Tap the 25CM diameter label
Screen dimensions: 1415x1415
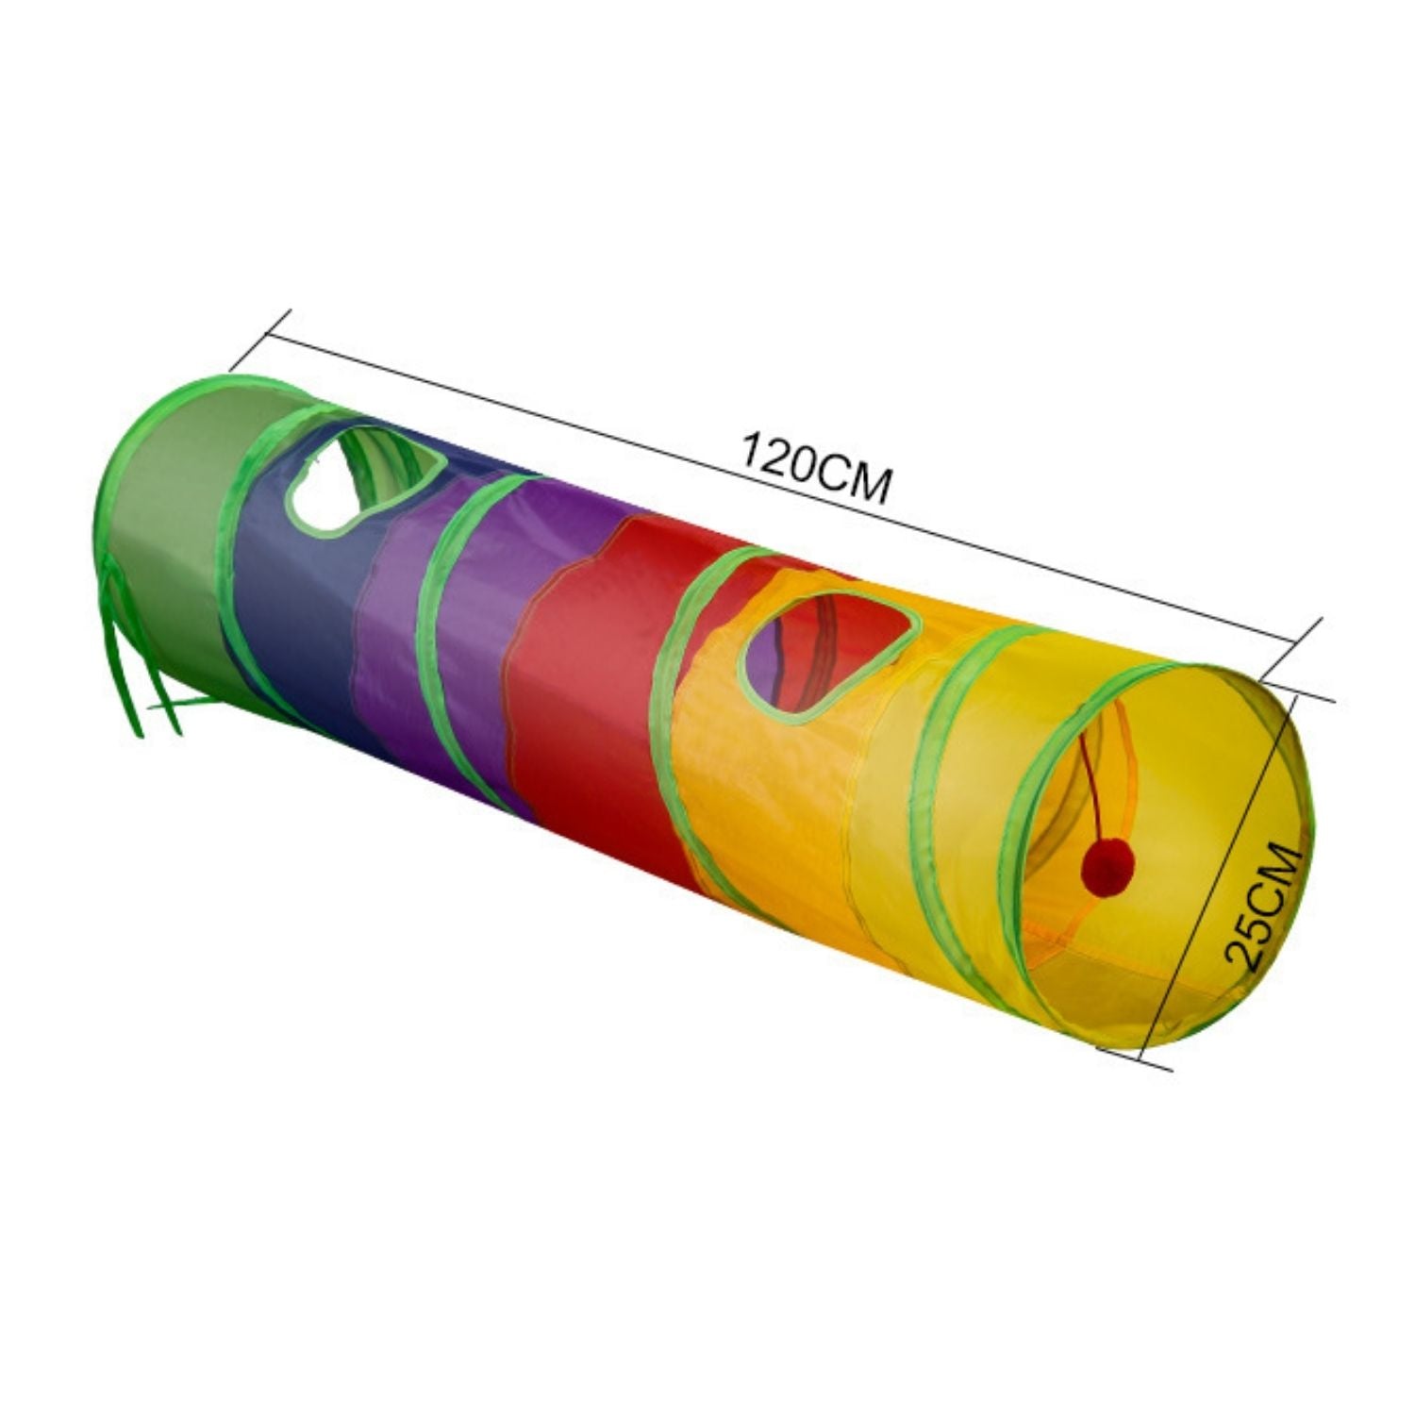coord(1262,906)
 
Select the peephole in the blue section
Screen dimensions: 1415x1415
coord(363,476)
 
